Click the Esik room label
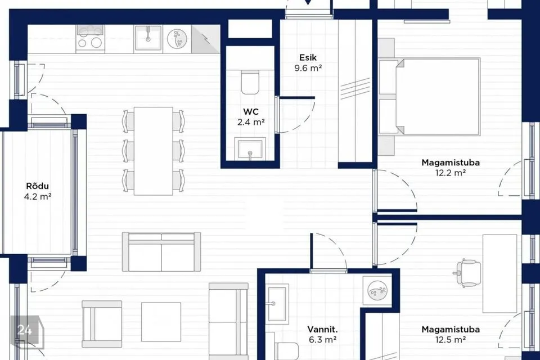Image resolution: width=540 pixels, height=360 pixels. pyautogui.click(x=308, y=57)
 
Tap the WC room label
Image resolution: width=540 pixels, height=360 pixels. pyautogui.click(x=251, y=111)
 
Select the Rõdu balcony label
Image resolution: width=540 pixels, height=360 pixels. pyautogui.click(x=38, y=186)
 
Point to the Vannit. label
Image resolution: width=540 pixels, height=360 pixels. pyautogui.click(x=322, y=329)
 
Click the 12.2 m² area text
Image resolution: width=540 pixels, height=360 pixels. pyautogui.click(x=451, y=173)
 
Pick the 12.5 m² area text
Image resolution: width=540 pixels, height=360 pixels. pyautogui.click(x=451, y=340)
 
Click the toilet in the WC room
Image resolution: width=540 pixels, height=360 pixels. pyautogui.click(x=250, y=82)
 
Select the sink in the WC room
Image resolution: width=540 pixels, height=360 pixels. pyautogui.click(x=250, y=149)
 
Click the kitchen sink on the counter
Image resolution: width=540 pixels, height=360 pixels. pyautogui.click(x=148, y=38)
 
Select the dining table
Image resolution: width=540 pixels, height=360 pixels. pyautogui.click(x=153, y=151)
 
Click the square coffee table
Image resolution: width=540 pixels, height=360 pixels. pyautogui.click(x=161, y=322)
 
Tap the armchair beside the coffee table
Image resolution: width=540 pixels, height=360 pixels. pyautogui.click(x=102, y=324)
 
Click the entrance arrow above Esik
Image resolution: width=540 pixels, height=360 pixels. pyautogui.click(x=308, y=2)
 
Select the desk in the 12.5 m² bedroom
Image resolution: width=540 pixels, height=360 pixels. pyautogui.click(x=499, y=273)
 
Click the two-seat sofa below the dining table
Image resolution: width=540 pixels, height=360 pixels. pyautogui.click(x=161, y=251)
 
